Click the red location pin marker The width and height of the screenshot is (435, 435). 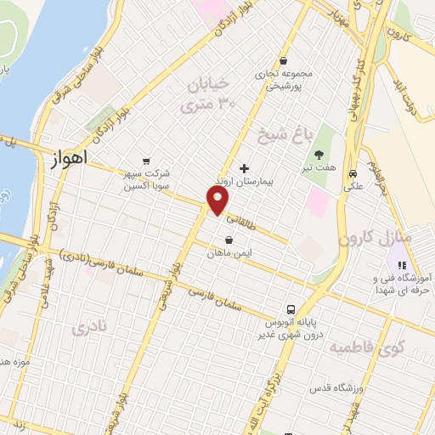click(217, 201)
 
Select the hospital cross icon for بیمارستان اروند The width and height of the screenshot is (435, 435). click(246, 168)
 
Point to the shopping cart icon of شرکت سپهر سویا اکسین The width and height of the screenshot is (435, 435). click(147, 160)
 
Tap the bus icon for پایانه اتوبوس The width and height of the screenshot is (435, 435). click(291, 309)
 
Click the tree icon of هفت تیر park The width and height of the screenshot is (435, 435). click(319, 155)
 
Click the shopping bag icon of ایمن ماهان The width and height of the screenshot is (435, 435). click(229, 240)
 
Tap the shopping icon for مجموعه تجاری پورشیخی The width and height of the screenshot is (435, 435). click(282, 60)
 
